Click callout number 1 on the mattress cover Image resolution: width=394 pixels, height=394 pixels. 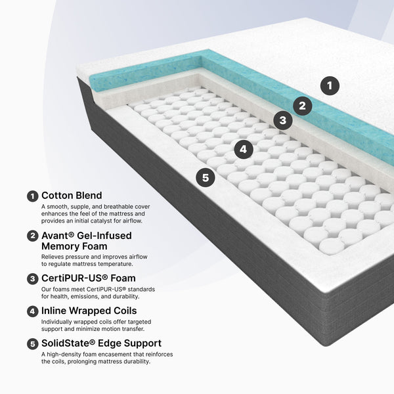[x=330, y=85]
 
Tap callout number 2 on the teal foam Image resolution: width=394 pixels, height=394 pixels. [x=302, y=106]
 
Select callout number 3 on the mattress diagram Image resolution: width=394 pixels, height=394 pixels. [x=282, y=120]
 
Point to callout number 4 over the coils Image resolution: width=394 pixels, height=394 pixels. [x=243, y=149]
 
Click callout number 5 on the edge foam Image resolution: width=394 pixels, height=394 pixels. [x=206, y=177]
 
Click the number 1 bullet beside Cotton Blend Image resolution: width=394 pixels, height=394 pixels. [x=32, y=196]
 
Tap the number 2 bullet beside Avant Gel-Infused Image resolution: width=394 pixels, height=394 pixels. [x=32, y=236]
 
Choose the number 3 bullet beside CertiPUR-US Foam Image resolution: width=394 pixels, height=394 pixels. [x=32, y=279]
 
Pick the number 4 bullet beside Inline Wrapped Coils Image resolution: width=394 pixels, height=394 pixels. [x=32, y=311]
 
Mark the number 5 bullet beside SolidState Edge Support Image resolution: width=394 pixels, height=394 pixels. [x=32, y=343]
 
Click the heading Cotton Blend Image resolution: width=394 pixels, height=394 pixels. [x=72, y=196]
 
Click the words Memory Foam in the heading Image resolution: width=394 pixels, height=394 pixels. [x=74, y=246]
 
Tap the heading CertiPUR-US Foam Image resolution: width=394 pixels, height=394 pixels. [x=89, y=278]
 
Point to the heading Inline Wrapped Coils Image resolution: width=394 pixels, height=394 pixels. [x=89, y=311]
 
